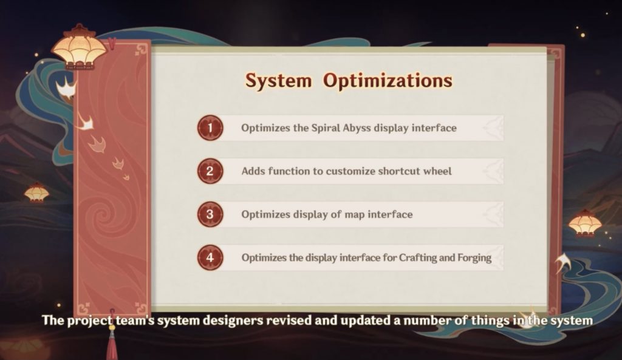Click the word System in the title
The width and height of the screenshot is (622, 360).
[x=278, y=81]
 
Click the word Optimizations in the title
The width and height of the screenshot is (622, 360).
[x=388, y=81]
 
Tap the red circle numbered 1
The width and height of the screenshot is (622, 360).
[x=210, y=127]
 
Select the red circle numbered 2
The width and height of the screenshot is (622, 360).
[x=210, y=171]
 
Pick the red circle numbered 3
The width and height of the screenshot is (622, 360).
[x=210, y=214]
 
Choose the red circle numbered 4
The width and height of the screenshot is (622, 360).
[x=210, y=257]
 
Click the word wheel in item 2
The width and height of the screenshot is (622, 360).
[x=437, y=171]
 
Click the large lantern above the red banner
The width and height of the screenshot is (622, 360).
[x=80, y=47]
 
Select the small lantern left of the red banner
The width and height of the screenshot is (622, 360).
[x=36, y=192]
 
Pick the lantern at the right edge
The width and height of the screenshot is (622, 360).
[x=585, y=223]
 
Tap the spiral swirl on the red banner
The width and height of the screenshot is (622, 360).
[x=104, y=216]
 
